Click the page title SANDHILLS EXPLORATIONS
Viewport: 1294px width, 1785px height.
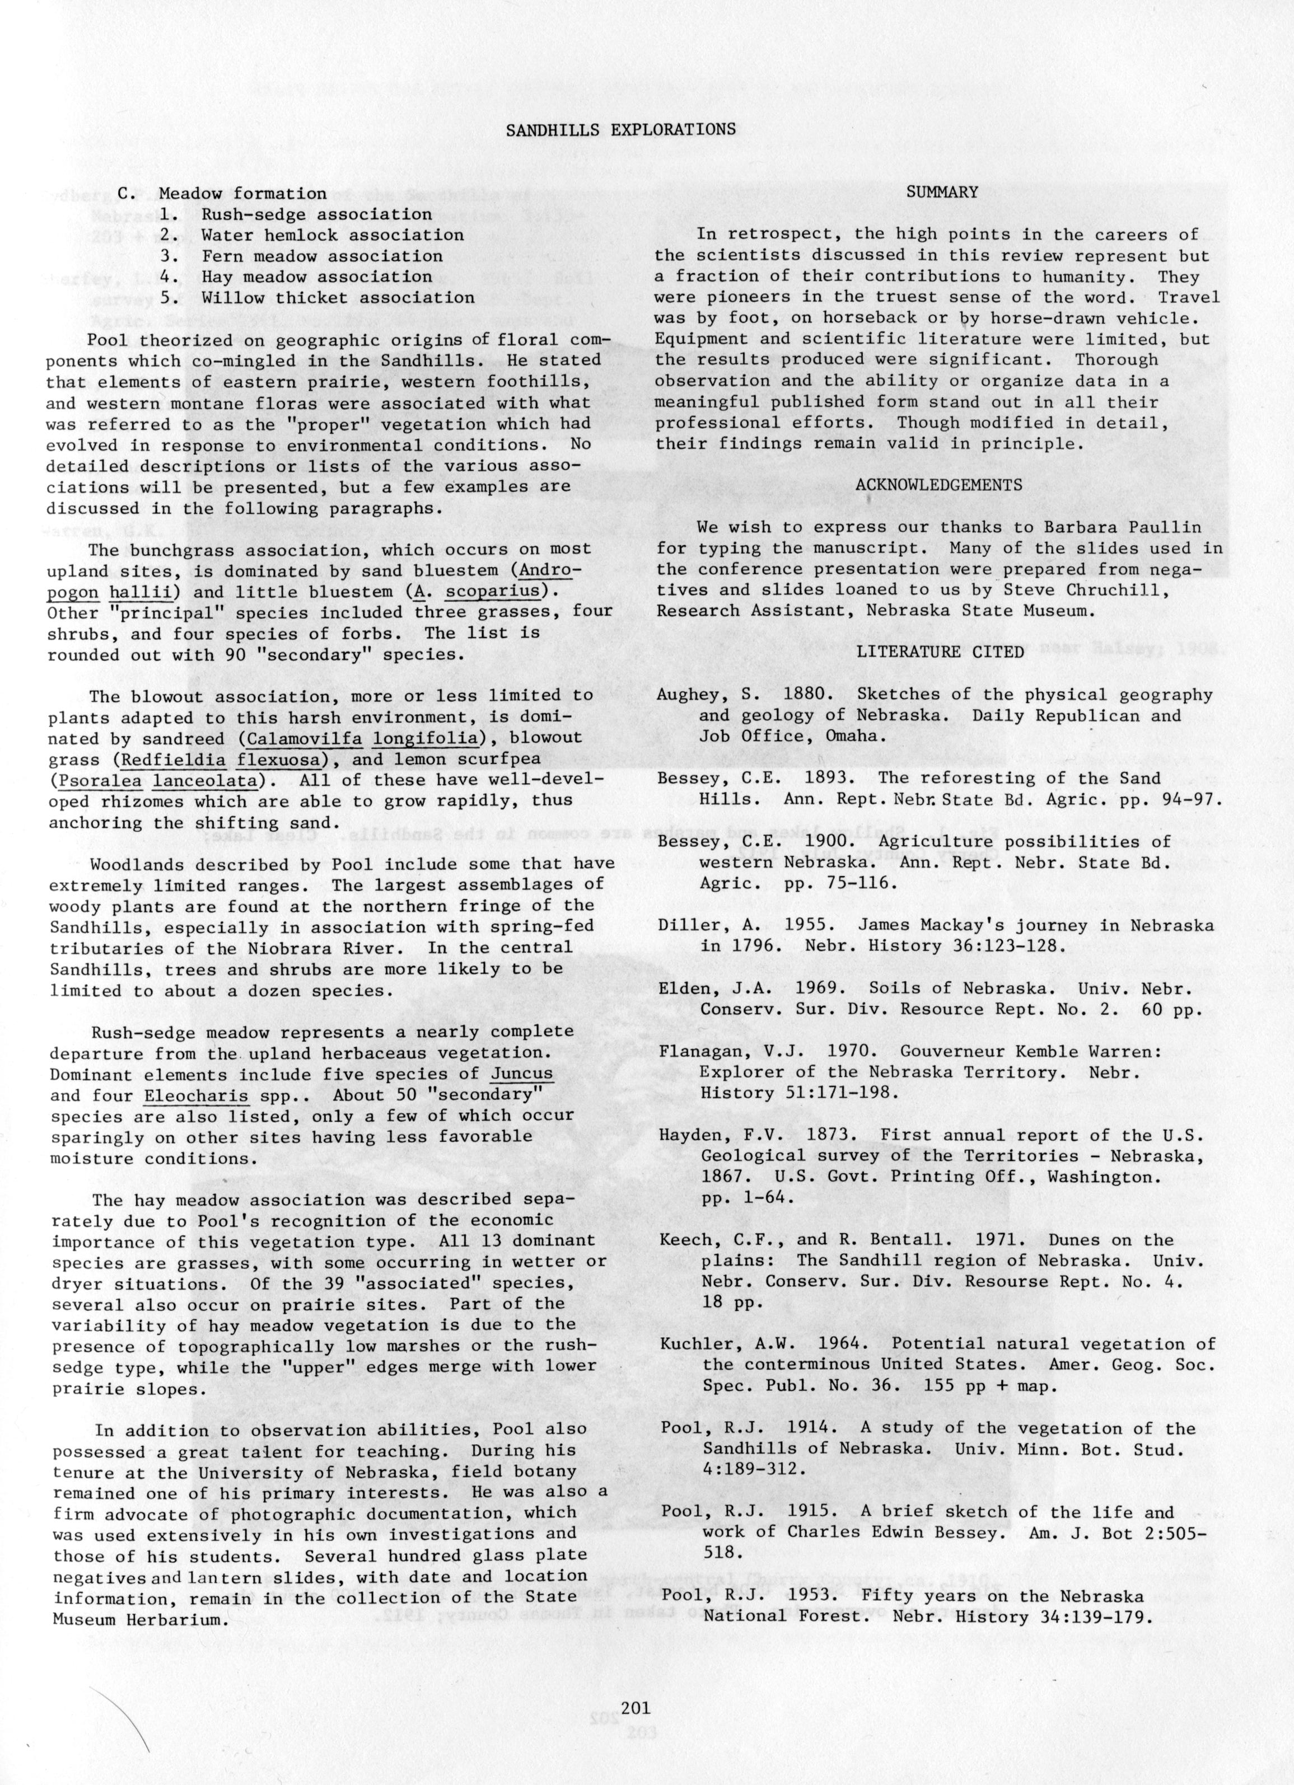[621, 130]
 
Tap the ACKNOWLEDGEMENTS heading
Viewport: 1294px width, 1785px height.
[939, 485]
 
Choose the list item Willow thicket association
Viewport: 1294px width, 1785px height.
[338, 298]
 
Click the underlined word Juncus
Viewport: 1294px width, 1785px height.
[521, 1074]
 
